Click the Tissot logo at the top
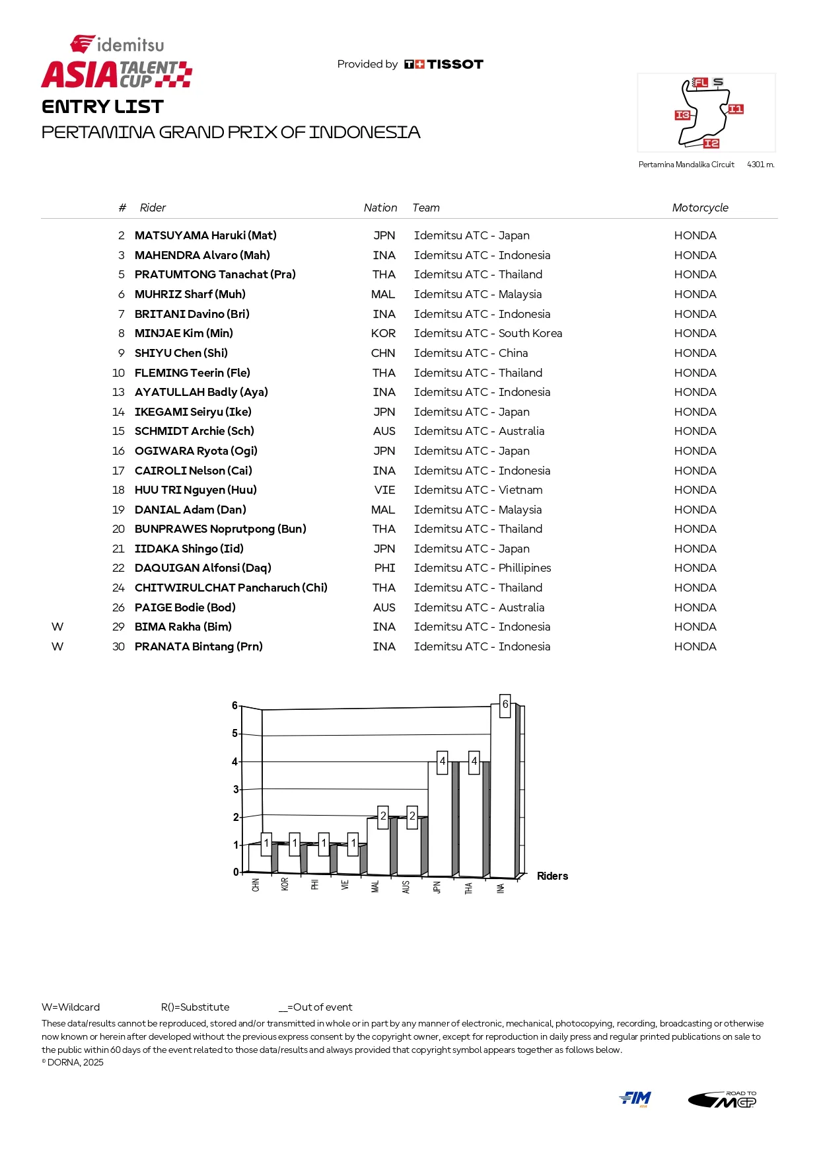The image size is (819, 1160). (x=444, y=64)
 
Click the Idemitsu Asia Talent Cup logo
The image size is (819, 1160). (x=117, y=62)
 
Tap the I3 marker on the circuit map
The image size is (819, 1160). (x=682, y=115)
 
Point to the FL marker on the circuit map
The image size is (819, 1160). (x=700, y=83)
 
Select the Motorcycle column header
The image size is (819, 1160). (x=700, y=208)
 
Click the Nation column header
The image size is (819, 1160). (x=380, y=208)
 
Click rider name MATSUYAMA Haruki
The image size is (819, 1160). (x=205, y=235)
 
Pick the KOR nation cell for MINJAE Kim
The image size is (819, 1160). (x=383, y=333)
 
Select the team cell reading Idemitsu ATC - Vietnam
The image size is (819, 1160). (x=478, y=490)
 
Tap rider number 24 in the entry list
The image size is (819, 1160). (x=118, y=588)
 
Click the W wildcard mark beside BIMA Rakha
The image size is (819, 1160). (x=57, y=627)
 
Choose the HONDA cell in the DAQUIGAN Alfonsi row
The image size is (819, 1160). (x=695, y=568)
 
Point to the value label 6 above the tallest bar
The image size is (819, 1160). (x=505, y=705)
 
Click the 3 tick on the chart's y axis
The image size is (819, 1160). (x=236, y=789)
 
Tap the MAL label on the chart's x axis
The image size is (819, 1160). (x=375, y=886)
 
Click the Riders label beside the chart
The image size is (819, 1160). (x=552, y=876)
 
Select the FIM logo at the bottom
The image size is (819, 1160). (x=635, y=1098)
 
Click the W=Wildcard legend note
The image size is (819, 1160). (x=71, y=1007)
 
